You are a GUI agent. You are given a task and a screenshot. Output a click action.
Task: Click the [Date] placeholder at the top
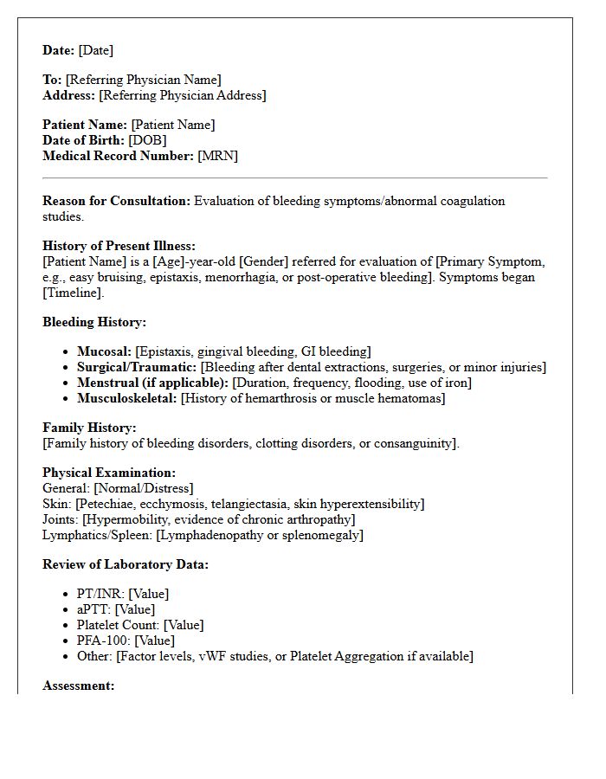tap(95, 50)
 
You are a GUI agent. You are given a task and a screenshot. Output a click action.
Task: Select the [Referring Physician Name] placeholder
tap(143, 80)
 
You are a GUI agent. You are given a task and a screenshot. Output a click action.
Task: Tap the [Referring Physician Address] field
tap(182, 95)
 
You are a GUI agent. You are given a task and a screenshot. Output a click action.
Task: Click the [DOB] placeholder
tap(147, 140)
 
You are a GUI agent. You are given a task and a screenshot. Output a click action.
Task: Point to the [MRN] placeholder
tap(217, 156)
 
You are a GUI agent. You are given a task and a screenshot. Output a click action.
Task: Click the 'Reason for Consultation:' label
tap(116, 201)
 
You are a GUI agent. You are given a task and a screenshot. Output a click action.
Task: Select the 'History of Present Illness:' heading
tap(119, 246)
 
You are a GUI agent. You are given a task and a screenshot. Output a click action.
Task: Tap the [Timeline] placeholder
tap(73, 293)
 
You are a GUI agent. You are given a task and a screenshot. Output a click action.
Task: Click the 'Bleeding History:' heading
tap(94, 322)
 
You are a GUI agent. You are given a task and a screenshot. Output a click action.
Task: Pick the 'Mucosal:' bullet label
tap(104, 351)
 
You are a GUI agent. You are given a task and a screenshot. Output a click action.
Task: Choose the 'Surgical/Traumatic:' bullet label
tap(137, 367)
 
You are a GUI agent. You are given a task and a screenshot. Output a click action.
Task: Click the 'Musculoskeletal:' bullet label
tap(126, 398)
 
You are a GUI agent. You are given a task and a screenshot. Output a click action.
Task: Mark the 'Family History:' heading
tap(89, 428)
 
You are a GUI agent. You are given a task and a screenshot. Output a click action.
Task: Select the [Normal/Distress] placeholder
tap(144, 488)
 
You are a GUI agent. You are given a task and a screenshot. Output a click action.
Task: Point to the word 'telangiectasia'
tap(259, 504)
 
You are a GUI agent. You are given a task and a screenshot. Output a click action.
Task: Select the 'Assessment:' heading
tap(78, 686)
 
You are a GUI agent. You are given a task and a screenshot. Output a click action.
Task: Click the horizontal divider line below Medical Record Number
tap(294, 178)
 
